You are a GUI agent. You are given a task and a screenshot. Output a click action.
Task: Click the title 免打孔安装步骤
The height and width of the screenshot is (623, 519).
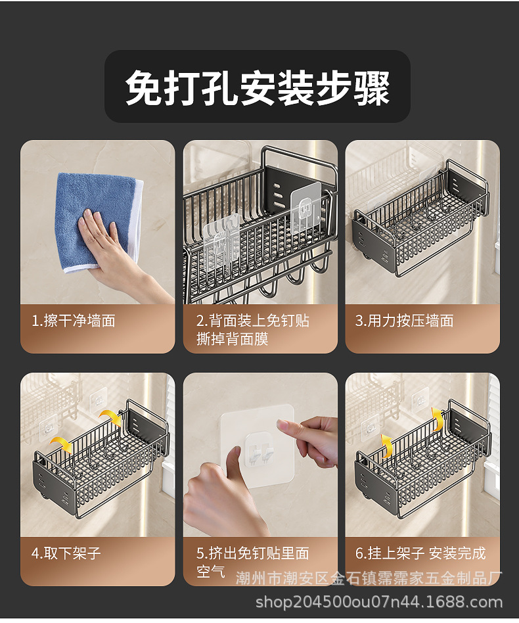(258, 88)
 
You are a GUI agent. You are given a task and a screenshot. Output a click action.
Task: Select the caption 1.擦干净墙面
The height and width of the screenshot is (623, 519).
(74, 321)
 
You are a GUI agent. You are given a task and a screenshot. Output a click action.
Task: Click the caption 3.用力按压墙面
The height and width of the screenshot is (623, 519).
(404, 321)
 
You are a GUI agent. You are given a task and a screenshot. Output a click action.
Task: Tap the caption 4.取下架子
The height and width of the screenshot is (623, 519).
(66, 553)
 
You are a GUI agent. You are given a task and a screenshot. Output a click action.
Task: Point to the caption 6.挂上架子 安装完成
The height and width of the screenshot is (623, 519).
(420, 553)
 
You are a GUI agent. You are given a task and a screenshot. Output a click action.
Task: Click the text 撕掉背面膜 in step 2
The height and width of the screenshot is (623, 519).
(233, 339)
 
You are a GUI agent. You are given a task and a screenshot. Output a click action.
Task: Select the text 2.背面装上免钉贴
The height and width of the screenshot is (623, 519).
(252, 321)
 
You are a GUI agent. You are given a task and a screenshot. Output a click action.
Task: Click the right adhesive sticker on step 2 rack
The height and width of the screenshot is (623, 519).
(305, 208)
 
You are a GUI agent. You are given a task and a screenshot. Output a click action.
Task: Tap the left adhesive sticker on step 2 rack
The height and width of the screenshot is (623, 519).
(221, 242)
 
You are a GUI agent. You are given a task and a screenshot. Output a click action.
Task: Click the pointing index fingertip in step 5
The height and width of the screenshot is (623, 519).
(282, 425)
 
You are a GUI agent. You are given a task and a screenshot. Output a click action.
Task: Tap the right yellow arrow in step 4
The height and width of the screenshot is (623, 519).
(111, 417)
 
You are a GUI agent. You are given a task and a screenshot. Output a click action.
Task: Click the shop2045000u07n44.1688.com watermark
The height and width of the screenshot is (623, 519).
(379, 602)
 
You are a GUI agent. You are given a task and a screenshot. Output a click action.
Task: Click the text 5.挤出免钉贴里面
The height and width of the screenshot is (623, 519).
(252, 553)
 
